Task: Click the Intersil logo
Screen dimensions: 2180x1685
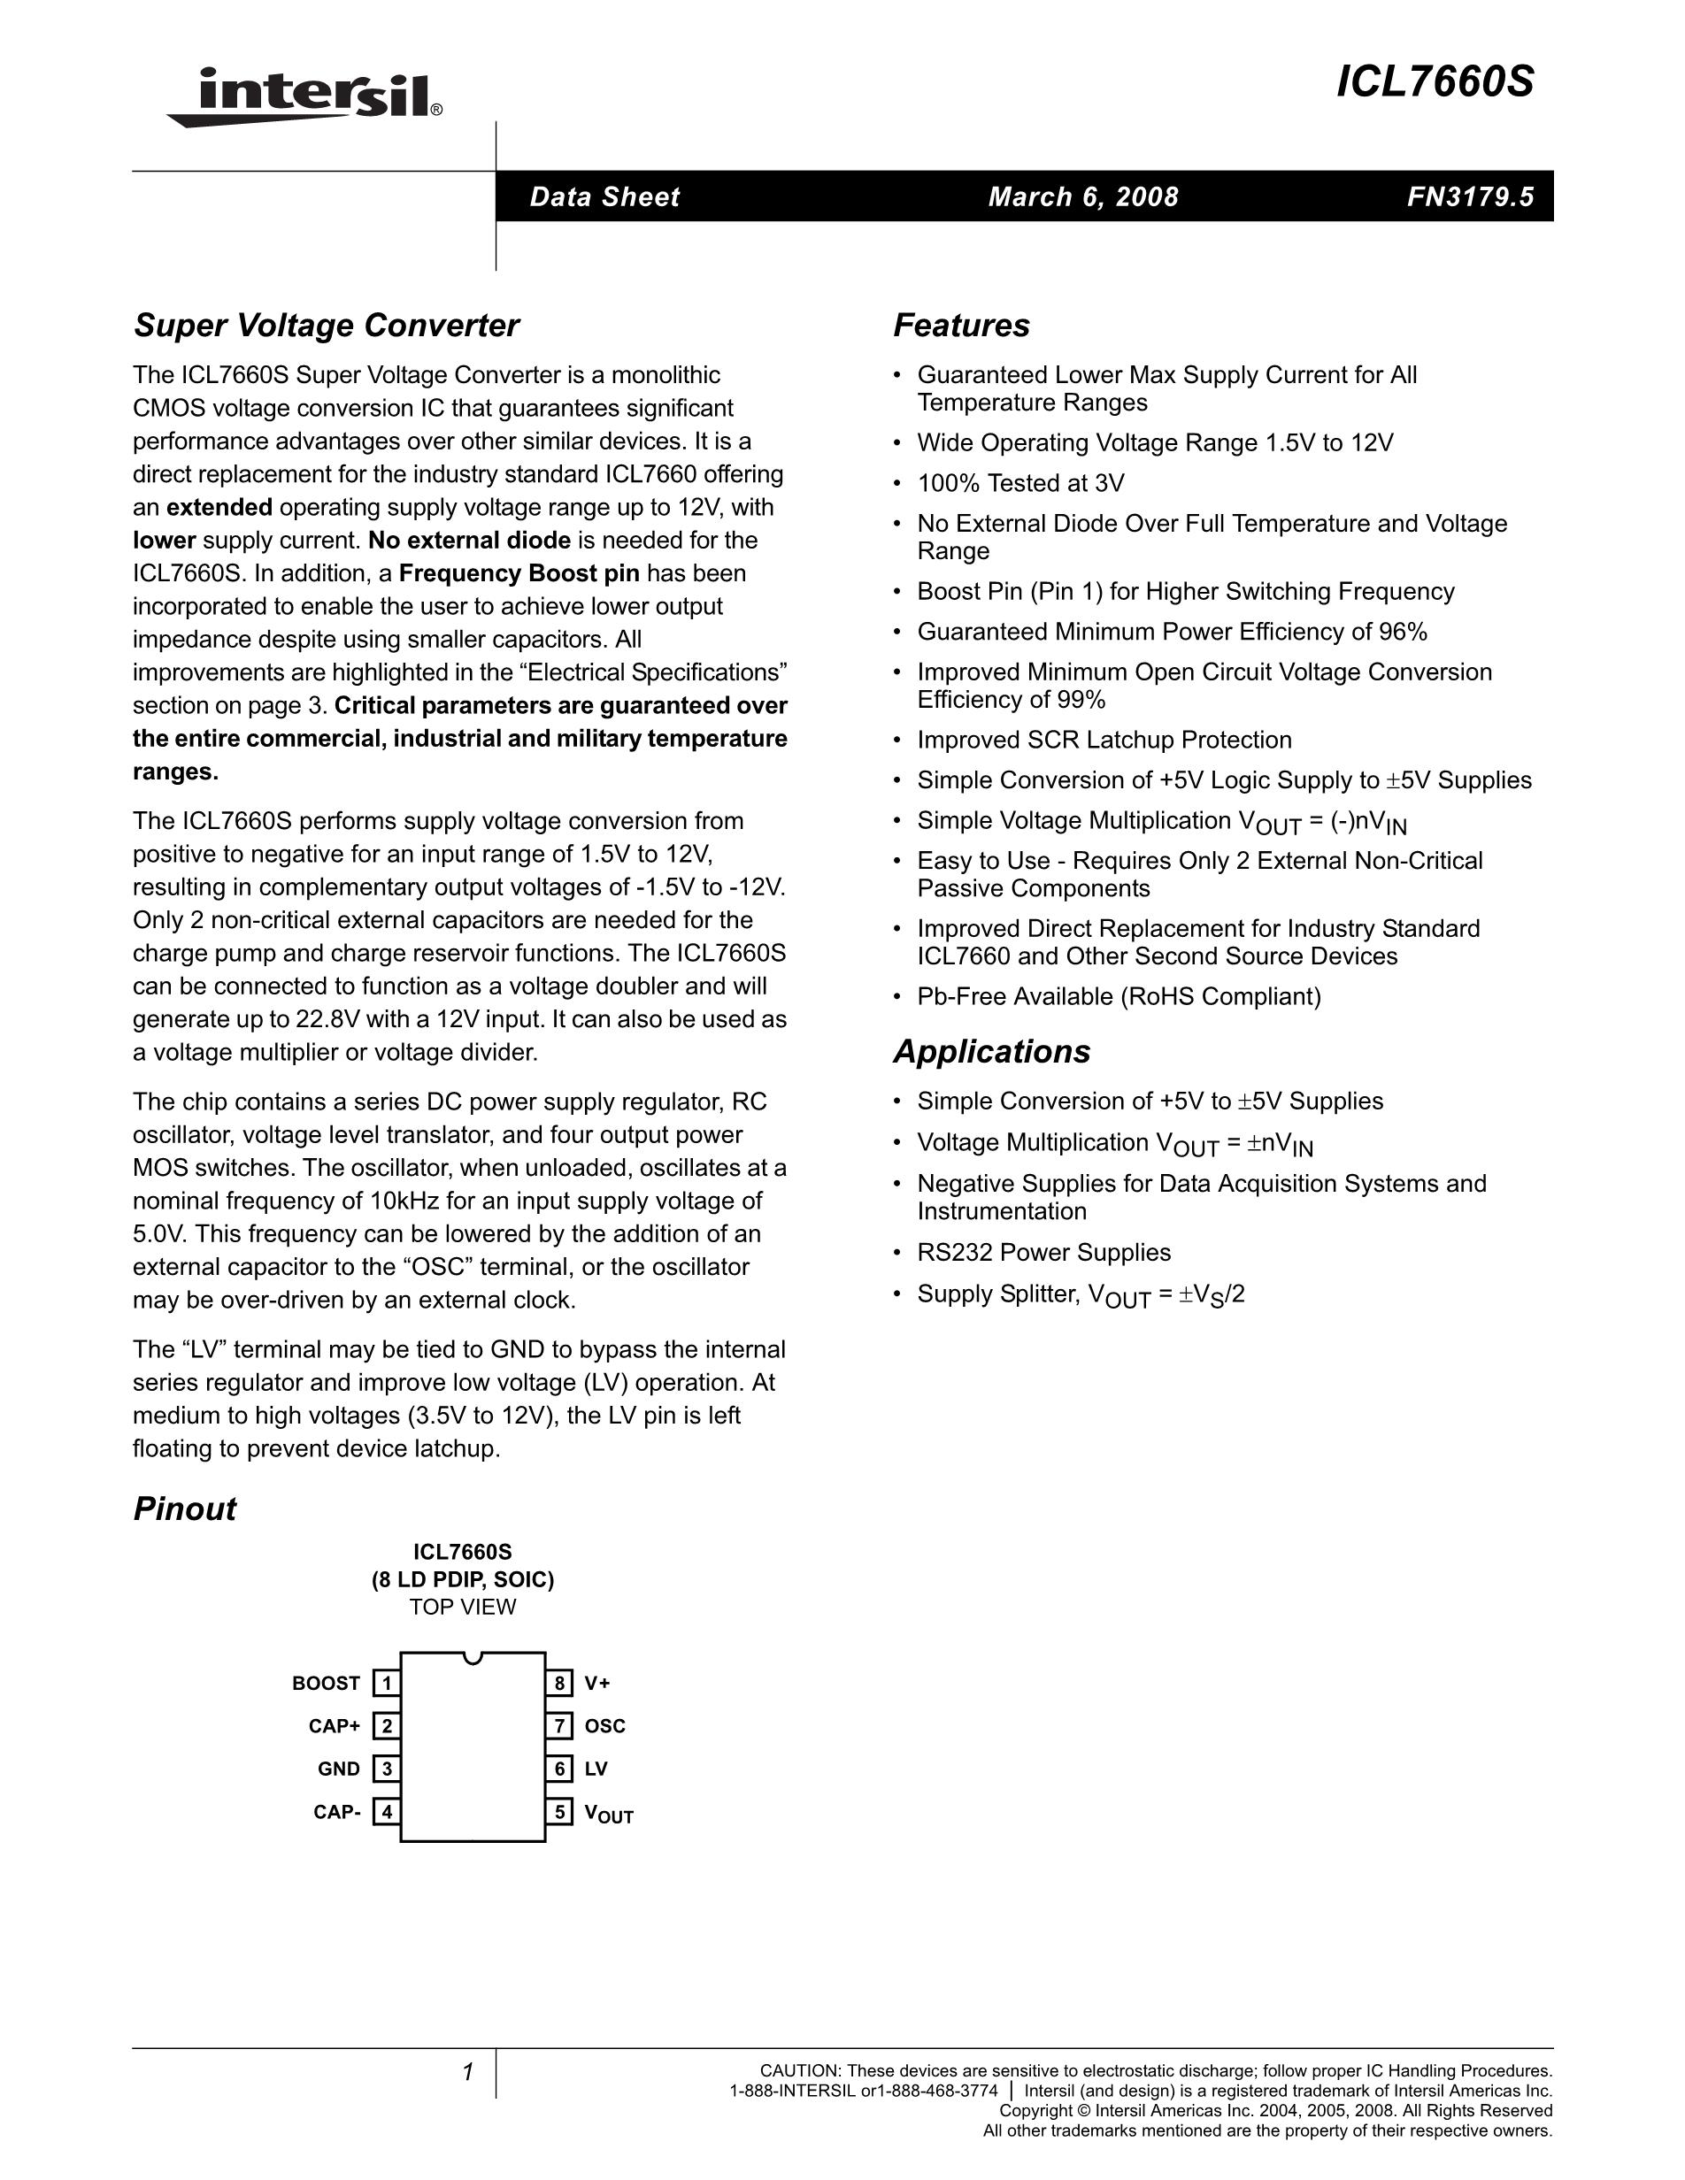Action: point(304,96)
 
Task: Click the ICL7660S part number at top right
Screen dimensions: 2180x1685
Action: point(1435,83)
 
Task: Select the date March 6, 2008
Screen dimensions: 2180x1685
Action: point(1083,196)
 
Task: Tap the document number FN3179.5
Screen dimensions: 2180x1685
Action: point(1470,196)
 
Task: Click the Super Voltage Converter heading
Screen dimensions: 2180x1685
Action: point(327,326)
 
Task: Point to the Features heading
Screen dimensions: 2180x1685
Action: point(961,326)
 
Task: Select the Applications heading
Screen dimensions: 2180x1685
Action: point(991,1051)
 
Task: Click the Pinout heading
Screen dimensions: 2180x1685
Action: point(185,1508)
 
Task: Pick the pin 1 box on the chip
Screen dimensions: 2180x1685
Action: point(387,1683)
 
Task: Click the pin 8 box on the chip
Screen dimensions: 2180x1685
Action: point(560,1683)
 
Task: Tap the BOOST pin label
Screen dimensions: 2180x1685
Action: point(326,1683)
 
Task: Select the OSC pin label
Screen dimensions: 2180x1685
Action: point(605,1726)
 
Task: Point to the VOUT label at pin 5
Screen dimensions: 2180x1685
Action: point(609,1814)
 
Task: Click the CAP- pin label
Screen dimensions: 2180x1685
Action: point(336,1812)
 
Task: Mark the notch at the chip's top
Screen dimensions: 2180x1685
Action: point(473,1657)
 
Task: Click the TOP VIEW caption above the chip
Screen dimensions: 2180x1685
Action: point(462,1607)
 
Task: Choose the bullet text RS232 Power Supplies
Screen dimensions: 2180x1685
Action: point(1044,1252)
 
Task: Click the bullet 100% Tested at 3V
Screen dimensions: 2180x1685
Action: point(1020,483)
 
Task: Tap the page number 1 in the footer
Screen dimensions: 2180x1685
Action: point(467,2072)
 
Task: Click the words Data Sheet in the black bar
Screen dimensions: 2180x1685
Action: point(604,196)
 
